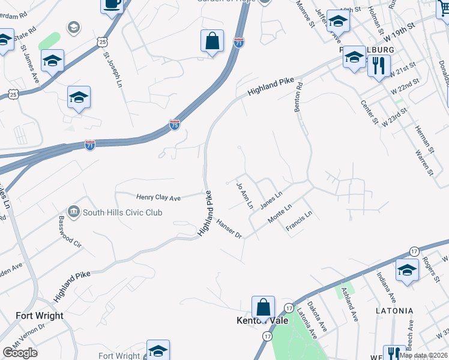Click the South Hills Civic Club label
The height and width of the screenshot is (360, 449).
click(122, 212)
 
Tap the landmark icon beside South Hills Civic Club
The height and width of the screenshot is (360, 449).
click(74, 212)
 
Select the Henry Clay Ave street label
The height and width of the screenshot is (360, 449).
click(158, 197)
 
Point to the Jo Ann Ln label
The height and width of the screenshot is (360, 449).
click(246, 196)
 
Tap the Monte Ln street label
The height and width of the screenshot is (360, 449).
click(280, 214)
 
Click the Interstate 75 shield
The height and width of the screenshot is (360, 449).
click(174, 124)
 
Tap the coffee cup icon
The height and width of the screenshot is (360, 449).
click(112, 5)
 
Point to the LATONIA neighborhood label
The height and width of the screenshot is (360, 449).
click(394, 311)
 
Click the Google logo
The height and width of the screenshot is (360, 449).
click(20, 352)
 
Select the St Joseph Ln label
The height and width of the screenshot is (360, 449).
click(112, 70)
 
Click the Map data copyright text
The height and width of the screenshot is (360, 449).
click(423, 355)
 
